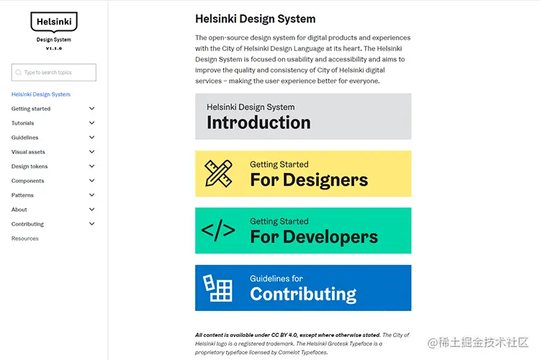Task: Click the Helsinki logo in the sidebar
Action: click(x=54, y=22)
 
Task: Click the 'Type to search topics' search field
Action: click(x=54, y=73)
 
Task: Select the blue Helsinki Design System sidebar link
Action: click(x=41, y=94)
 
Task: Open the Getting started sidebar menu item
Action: click(x=31, y=109)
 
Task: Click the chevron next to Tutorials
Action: click(x=91, y=123)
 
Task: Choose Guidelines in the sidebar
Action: click(x=25, y=138)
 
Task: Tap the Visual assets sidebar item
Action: click(x=28, y=152)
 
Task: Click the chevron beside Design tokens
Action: click(x=91, y=166)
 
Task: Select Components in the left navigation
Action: click(x=28, y=181)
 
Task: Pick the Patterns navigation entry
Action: click(x=22, y=195)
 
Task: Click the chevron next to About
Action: click(x=91, y=210)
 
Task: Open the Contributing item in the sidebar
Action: click(x=28, y=224)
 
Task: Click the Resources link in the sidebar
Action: click(x=25, y=238)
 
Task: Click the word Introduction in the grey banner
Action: click(x=258, y=123)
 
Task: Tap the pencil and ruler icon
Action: click(x=219, y=174)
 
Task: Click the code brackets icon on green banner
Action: click(x=218, y=230)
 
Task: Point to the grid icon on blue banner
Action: click(x=219, y=288)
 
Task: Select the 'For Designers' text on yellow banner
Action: click(x=309, y=180)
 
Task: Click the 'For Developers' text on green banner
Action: click(x=314, y=237)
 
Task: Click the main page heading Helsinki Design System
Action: click(x=255, y=19)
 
